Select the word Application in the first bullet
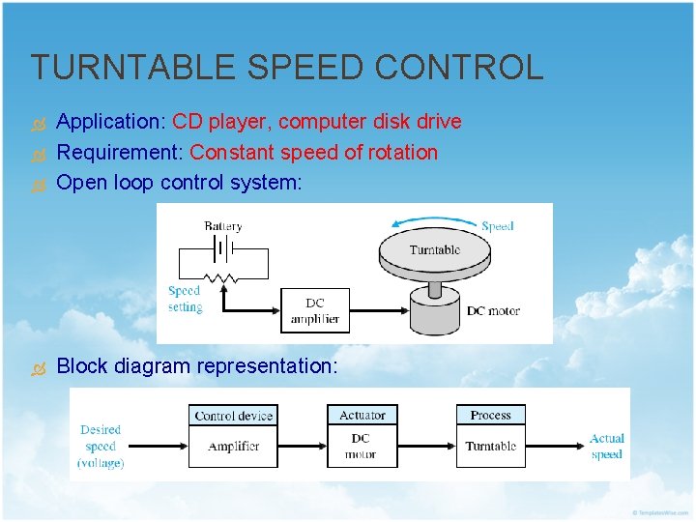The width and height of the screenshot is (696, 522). click(x=111, y=122)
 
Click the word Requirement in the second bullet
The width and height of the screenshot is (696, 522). click(x=120, y=153)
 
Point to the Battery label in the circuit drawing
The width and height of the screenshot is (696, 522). click(x=223, y=226)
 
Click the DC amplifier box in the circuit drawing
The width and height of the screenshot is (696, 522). click(x=315, y=309)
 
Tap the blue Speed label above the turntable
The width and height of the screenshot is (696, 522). click(x=497, y=226)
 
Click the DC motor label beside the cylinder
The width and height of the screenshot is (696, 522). click(x=493, y=310)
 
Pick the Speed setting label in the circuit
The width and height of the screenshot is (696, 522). click(x=184, y=299)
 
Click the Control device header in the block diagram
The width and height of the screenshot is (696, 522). click(x=234, y=416)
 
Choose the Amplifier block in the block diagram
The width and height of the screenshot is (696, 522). click(x=234, y=447)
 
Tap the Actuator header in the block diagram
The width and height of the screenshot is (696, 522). click(x=362, y=416)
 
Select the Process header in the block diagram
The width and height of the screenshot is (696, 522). click(x=491, y=416)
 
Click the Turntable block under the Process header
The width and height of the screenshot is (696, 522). click(x=491, y=447)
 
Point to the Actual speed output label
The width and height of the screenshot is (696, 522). click(x=607, y=446)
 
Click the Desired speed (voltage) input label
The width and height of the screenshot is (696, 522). click(x=101, y=446)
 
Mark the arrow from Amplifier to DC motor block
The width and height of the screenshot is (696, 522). click(x=302, y=447)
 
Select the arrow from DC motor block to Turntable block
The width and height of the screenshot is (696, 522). click(x=427, y=447)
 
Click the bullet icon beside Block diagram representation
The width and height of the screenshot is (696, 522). click(x=39, y=367)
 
